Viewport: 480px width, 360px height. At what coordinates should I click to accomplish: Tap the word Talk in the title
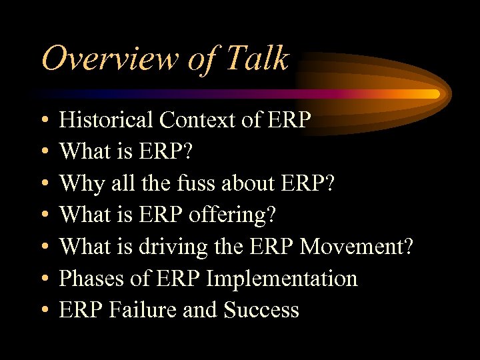257,59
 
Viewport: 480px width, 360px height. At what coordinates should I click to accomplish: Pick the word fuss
179,183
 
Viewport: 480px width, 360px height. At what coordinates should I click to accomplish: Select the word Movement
357,247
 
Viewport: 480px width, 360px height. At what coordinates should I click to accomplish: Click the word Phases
93,279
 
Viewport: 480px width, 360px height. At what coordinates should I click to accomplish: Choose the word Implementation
282,279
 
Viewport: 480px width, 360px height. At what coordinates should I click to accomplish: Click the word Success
261,310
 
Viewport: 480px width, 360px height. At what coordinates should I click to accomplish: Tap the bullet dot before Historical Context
43,121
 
